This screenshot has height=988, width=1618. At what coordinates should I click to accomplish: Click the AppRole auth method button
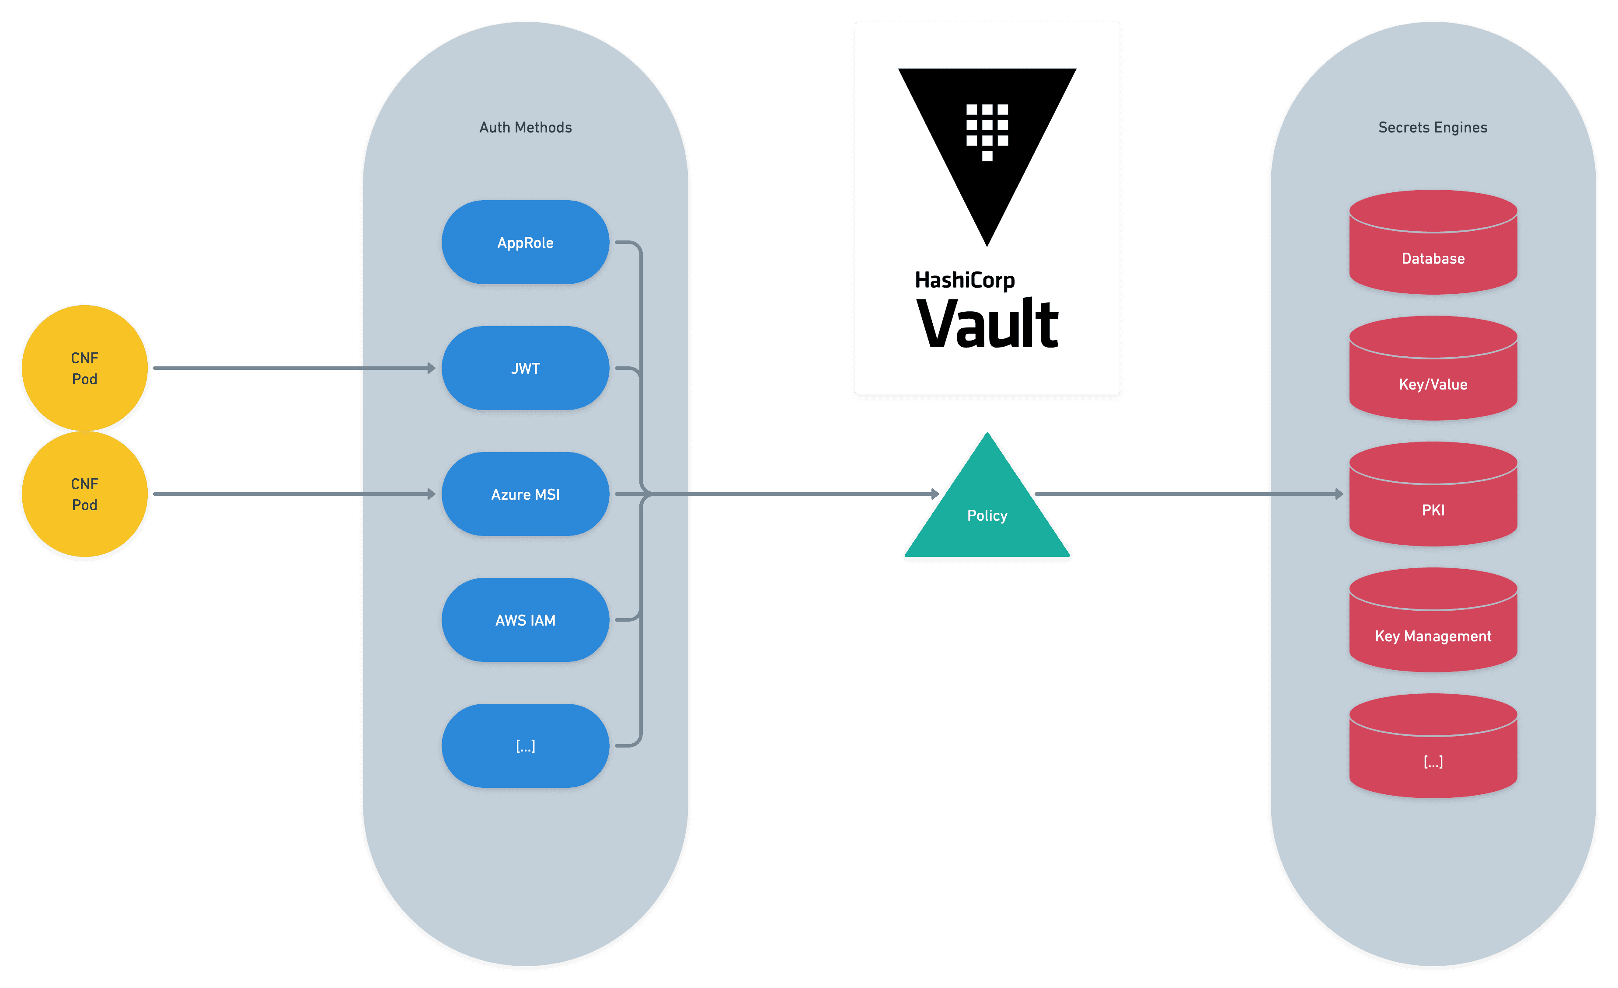click(525, 242)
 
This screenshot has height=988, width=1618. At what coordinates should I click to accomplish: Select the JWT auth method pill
click(525, 368)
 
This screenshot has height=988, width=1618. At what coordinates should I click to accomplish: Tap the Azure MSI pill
click(525, 494)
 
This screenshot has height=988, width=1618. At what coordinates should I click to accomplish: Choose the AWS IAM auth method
click(525, 620)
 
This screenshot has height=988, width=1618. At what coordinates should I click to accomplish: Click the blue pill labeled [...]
click(525, 746)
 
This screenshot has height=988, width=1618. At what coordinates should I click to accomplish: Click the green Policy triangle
click(987, 515)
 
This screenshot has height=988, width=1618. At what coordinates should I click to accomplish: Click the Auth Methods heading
click(525, 127)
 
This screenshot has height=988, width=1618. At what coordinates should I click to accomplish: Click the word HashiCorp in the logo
click(965, 280)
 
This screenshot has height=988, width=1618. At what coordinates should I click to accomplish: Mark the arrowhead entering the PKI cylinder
click(1339, 494)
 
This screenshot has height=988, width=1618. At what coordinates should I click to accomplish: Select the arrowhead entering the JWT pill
click(432, 368)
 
